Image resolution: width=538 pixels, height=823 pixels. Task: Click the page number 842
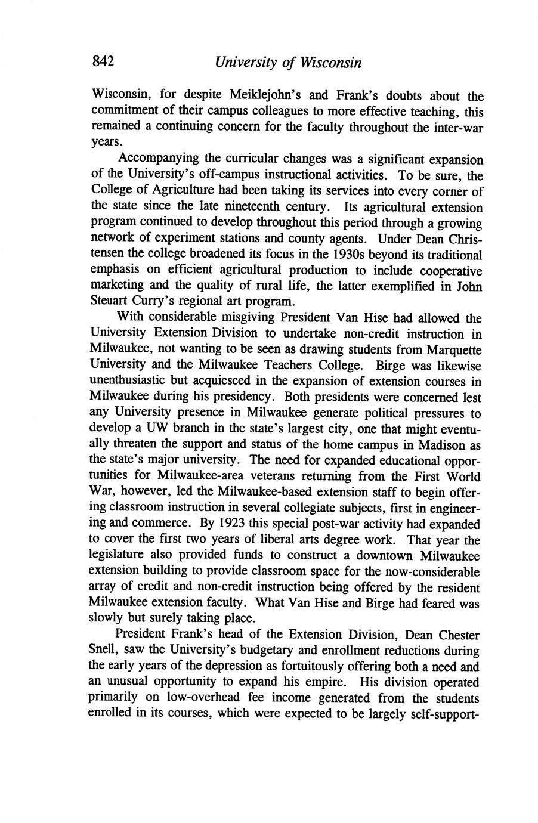[x=103, y=61]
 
